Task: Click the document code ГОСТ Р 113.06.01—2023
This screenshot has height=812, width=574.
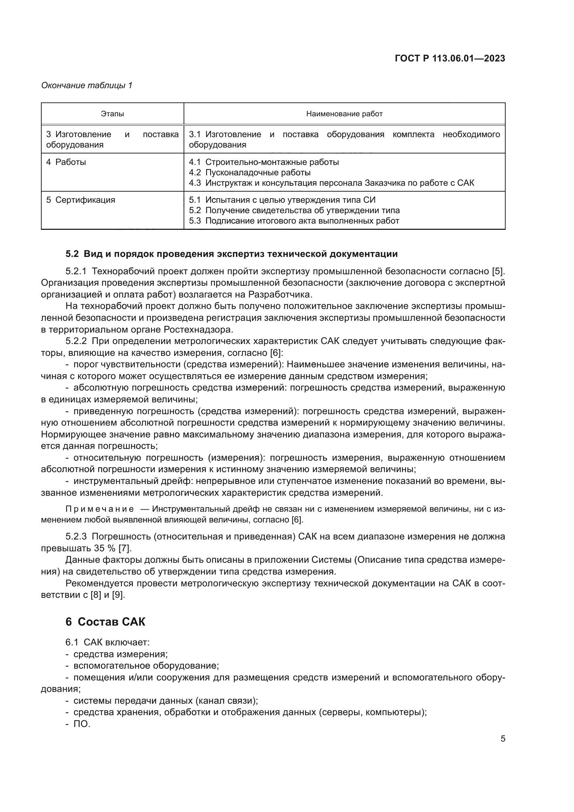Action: [x=449, y=59]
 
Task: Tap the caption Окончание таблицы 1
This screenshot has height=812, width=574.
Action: [x=87, y=85]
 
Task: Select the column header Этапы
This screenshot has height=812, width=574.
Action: [x=112, y=114]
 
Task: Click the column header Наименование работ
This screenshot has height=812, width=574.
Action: [x=344, y=114]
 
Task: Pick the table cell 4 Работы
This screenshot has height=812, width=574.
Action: [x=66, y=162]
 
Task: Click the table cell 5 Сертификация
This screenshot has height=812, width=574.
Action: [x=81, y=200]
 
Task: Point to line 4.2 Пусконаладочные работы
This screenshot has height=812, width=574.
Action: [x=250, y=173]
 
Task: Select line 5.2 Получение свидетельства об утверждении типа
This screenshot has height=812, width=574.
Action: [x=294, y=210]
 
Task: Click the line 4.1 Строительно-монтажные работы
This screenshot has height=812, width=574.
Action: [x=264, y=162]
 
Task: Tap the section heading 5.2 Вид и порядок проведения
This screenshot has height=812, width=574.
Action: [x=231, y=253]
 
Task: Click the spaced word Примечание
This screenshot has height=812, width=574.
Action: [x=100, y=509]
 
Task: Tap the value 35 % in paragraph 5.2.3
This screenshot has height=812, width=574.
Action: [x=105, y=549]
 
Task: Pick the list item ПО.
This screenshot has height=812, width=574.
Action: [x=82, y=724]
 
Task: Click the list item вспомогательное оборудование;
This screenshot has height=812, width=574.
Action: [x=146, y=665]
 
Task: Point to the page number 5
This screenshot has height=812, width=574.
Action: [x=503, y=739]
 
